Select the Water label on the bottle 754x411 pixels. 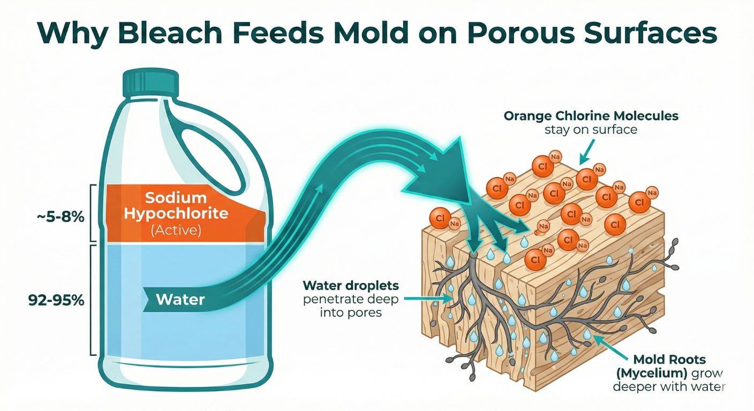180,299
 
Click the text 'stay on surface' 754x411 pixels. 591,130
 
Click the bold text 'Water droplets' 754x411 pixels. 351,285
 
